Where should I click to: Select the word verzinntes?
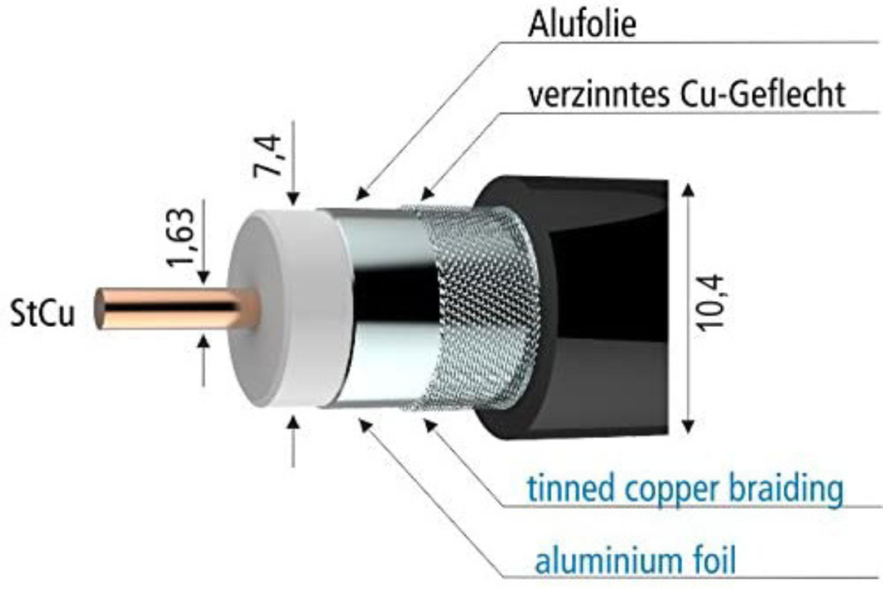pyautogui.click(x=599, y=94)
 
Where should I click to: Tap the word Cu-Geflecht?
pyautogui.click(x=763, y=94)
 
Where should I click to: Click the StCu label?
pyautogui.click(x=42, y=313)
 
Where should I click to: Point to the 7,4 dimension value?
pyautogui.click(x=268, y=155)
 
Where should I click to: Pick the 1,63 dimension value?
pyautogui.click(x=181, y=236)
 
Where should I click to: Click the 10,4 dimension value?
pyautogui.click(x=711, y=303)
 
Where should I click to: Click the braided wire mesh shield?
pyautogui.click(x=479, y=308)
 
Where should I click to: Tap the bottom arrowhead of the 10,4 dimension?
pyautogui.click(x=687, y=426)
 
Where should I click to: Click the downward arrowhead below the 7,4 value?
pyautogui.click(x=293, y=198)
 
